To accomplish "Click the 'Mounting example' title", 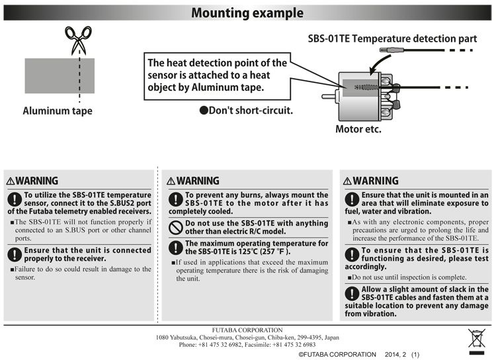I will (x=247, y=13).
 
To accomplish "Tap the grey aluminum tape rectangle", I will (x=60, y=75).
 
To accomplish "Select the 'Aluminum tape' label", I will (x=58, y=111).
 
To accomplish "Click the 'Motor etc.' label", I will (x=358, y=128).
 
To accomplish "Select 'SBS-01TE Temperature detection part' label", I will (x=392, y=38).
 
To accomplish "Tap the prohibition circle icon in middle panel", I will (x=175, y=227).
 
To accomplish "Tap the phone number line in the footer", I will (x=247, y=345).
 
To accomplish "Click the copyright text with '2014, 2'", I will (x=358, y=355).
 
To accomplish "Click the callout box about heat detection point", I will (x=216, y=75).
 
